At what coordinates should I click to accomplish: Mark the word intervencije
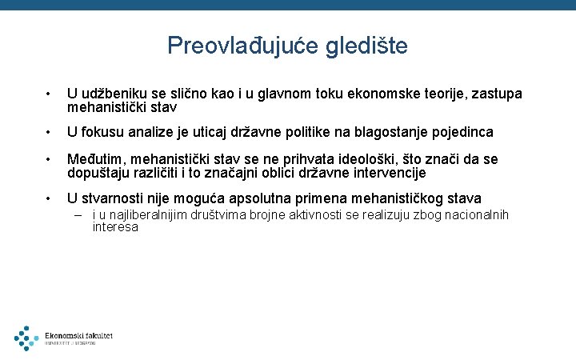[389, 172]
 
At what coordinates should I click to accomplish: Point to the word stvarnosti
[119, 198]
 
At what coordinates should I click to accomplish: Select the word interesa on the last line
[115, 227]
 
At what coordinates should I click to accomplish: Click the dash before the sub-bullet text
[80, 215]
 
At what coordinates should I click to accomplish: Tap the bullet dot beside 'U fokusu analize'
[49, 132]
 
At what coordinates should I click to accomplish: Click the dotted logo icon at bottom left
[26, 338]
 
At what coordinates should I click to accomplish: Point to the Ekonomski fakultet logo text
[78, 336]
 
